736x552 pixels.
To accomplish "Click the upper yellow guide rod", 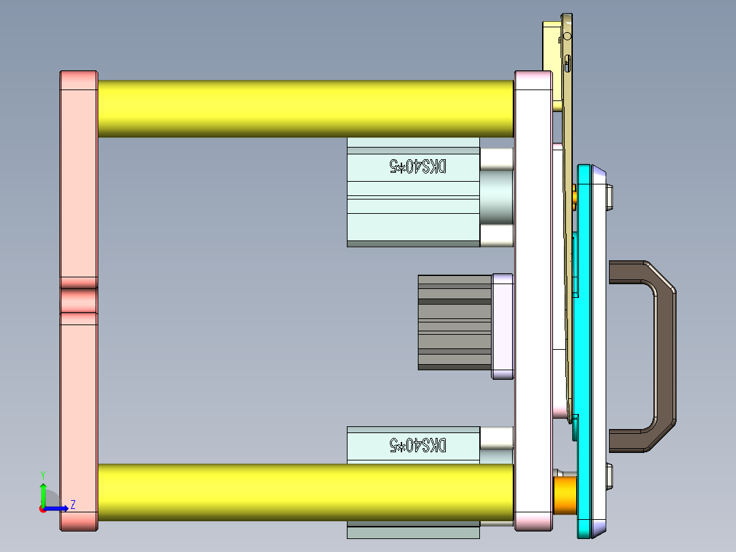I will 305,109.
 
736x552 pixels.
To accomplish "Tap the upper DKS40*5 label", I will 418,167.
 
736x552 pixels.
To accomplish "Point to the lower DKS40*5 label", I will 418,445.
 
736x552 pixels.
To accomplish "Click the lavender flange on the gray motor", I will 502,326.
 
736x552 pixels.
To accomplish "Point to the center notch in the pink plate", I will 79,300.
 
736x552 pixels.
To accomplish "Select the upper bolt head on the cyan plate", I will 612,197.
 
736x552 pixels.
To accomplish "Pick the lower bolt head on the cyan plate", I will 612,476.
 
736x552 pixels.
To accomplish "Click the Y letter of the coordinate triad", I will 42,474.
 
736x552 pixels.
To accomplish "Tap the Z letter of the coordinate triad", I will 72,505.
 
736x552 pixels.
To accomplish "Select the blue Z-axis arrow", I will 58,508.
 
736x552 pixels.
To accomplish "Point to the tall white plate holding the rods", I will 533,301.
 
